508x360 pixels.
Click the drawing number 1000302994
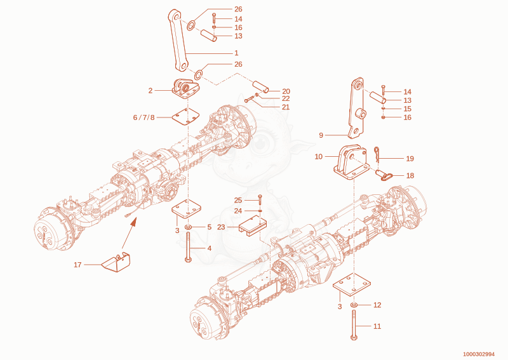(479, 354)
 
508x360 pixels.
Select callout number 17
(77, 265)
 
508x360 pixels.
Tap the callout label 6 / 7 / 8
(144, 117)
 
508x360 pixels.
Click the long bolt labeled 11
(354, 324)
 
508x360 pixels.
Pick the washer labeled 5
(188, 227)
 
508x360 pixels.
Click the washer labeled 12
(354, 305)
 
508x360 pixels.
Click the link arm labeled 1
(178, 40)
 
